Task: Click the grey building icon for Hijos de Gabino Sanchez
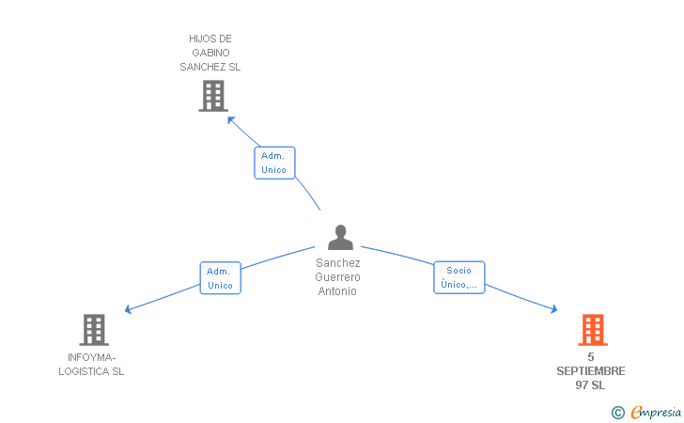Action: pos(213,95)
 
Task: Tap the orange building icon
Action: pos(592,330)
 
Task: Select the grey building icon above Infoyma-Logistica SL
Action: pos(94,330)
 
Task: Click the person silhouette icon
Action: pos(340,238)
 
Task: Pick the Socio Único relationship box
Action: pos(459,277)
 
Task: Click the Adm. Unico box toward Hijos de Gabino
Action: pos(274,163)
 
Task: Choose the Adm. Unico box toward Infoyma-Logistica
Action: pos(220,278)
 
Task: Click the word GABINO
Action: pos(210,53)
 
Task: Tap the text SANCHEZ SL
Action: pos(210,67)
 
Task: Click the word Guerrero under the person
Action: pos(338,277)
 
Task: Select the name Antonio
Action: pos(338,291)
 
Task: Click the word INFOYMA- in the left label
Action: pos(92,357)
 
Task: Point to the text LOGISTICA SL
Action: pos(92,371)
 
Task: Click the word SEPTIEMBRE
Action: pos(591,371)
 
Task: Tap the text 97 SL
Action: pos(591,385)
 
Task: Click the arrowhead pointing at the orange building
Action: pos(554,309)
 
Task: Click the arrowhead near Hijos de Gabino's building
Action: pos(229,118)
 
